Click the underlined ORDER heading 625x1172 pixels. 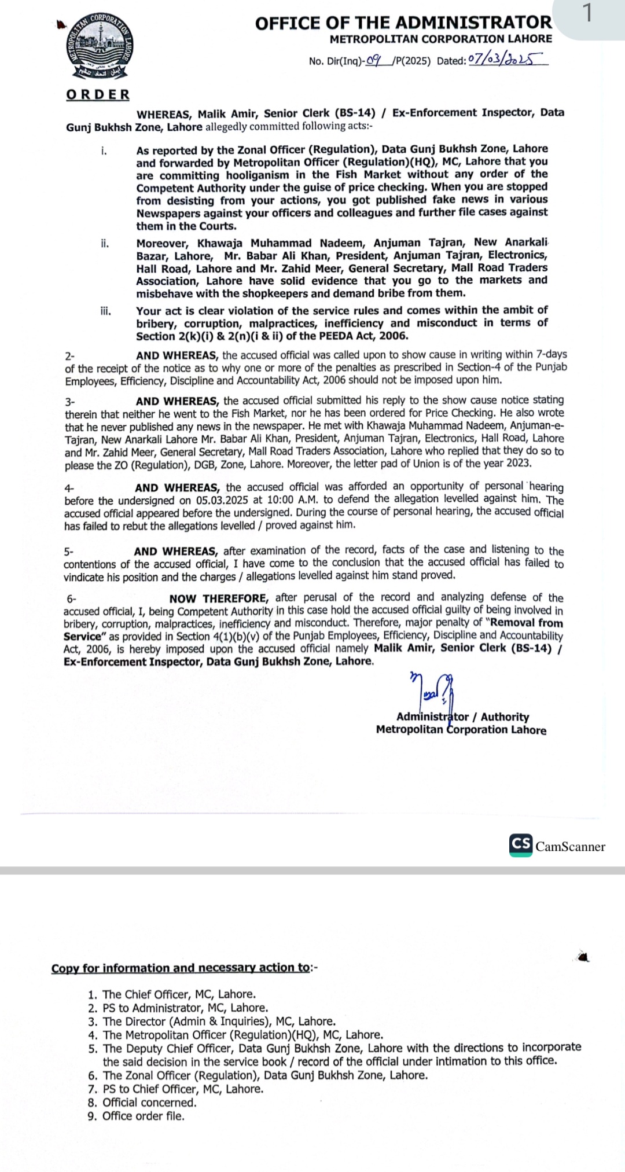point(98,94)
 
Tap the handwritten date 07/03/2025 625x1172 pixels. point(505,59)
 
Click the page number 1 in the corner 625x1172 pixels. point(587,13)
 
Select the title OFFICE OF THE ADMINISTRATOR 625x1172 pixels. point(403,23)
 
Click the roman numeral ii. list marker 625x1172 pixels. point(105,243)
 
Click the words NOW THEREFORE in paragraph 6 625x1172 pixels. point(218,598)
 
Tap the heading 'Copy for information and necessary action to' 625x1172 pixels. point(181,968)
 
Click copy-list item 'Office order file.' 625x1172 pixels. point(143,1116)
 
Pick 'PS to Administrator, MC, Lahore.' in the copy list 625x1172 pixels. point(185,1008)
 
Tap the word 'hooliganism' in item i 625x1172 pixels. point(258,175)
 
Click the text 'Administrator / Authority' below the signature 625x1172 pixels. point(462,717)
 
